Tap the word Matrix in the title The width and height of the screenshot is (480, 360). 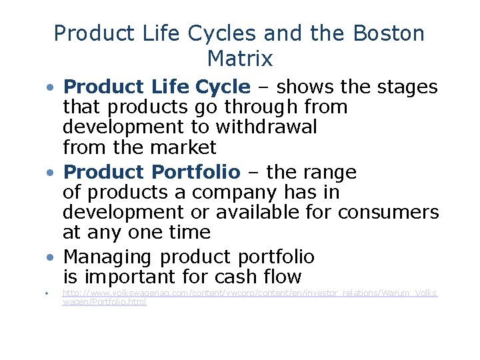tap(240, 59)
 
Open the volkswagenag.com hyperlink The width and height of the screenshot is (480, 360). tap(249, 293)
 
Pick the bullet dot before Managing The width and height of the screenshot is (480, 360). tap(50, 258)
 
